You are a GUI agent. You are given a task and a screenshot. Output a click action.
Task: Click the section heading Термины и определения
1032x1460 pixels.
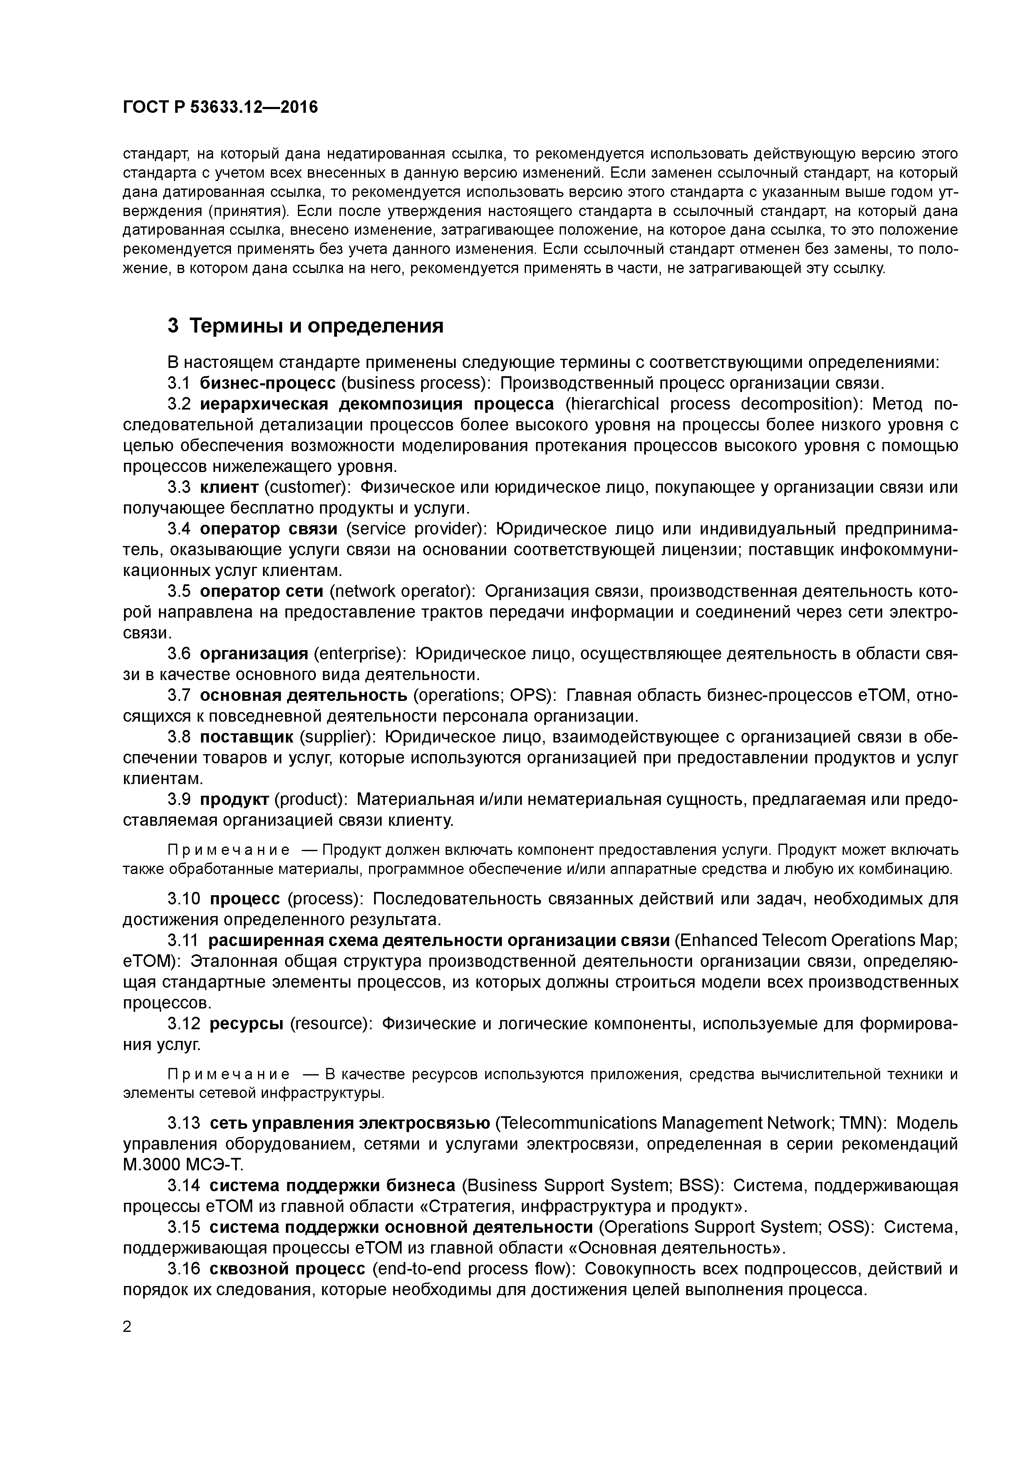[x=316, y=326]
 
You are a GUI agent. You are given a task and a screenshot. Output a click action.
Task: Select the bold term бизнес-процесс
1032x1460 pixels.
[x=267, y=383]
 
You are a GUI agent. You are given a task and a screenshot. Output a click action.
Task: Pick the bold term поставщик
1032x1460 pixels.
[x=247, y=737]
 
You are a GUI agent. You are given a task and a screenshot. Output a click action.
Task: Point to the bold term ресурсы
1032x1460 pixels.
[x=246, y=1023]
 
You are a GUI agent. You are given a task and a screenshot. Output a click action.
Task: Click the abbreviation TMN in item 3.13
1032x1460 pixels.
[x=860, y=1123]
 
